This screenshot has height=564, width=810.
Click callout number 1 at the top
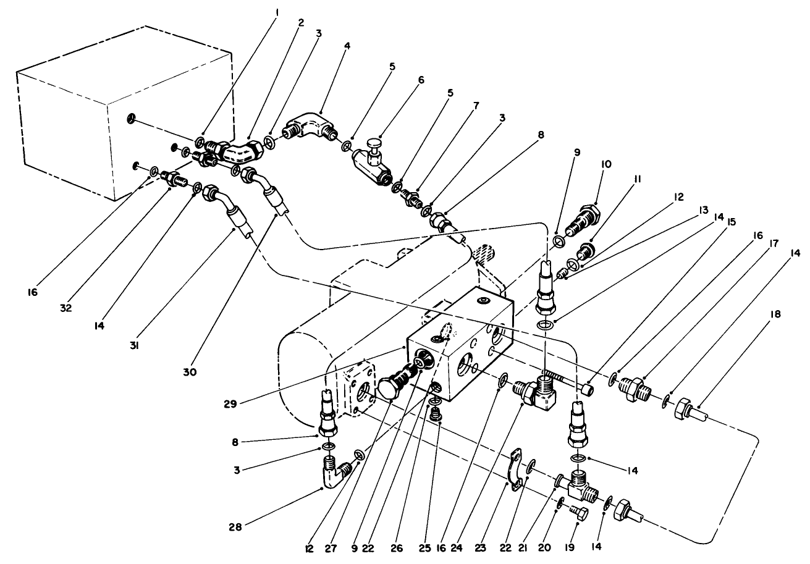(x=276, y=11)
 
